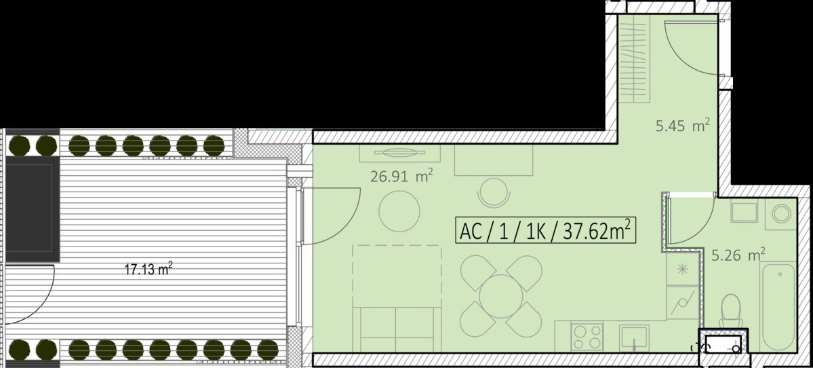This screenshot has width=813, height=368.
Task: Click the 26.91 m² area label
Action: pyautogui.click(x=402, y=176)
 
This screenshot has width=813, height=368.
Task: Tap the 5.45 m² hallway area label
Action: pyautogui.click(x=682, y=126)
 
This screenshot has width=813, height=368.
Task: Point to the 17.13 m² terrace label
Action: pyautogui.click(x=148, y=269)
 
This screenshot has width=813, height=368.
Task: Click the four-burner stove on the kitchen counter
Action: pyautogui.click(x=587, y=336)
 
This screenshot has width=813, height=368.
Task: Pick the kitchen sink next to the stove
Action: pyautogui.click(x=634, y=338)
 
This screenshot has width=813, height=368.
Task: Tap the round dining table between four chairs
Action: pyautogui.click(x=501, y=297)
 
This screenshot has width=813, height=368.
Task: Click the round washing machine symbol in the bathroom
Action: pyautogui.click(x=781, y=213)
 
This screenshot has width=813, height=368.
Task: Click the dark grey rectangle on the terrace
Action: pyautogui.click(x=33, y=208)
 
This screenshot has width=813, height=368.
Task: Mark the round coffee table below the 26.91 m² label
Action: pyautogui.click(x=399, y=211)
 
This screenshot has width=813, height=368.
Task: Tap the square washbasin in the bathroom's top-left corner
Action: pyautogui.click(x=744, y=213)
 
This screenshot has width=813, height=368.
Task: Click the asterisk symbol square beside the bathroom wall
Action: pyautogui.click(x=683, y=269)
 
